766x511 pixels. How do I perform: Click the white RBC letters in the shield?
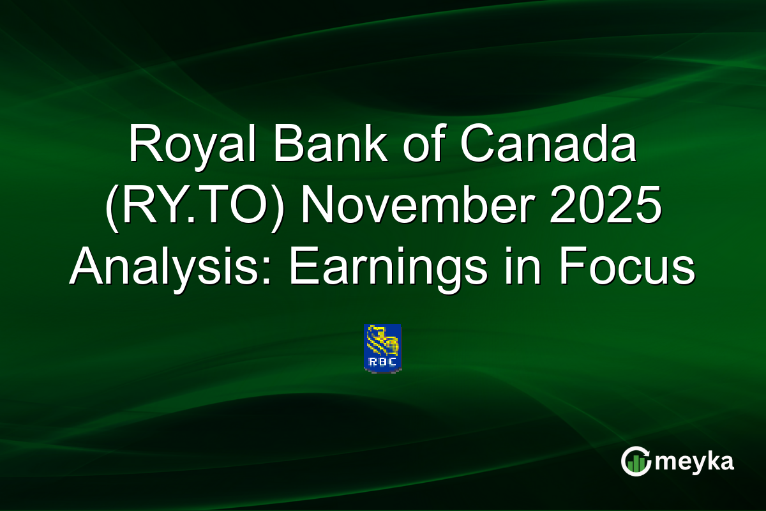point(382,362)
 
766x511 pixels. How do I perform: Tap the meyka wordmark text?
point(696,461)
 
